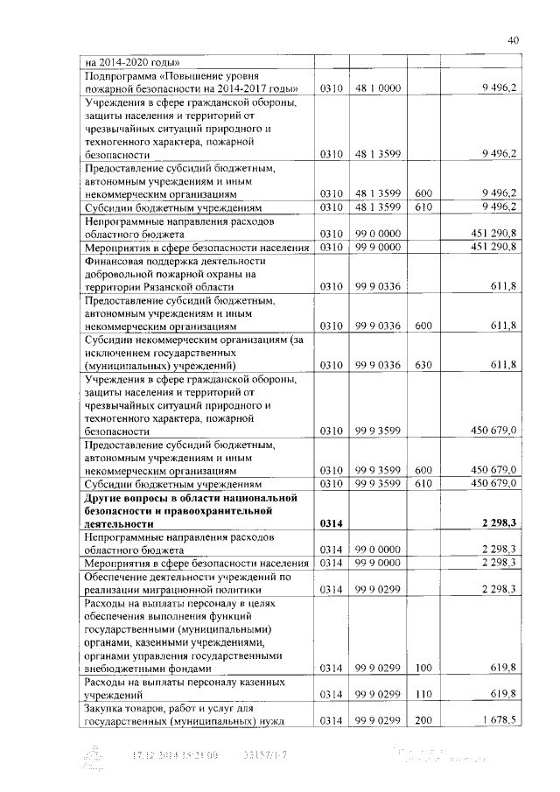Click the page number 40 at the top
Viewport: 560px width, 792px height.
tap(513, 39)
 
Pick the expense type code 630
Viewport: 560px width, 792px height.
tap(423, 365)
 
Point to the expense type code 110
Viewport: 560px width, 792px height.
tap(423, 693)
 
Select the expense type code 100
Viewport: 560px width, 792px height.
tap(423, 668)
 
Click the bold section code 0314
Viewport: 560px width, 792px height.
tap(331, 522)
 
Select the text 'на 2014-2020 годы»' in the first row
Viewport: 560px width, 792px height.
tap(132, 63)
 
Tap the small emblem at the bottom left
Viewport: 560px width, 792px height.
tap(92, 756)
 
